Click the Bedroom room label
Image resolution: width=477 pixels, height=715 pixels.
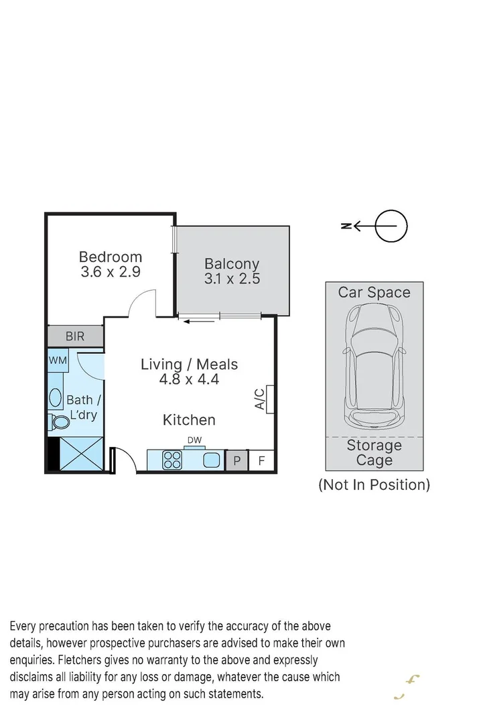click(x=111, y=257)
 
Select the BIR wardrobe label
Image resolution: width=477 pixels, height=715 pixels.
click(x=75, y=336)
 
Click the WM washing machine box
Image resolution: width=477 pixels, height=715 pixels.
click(x=58, y=361)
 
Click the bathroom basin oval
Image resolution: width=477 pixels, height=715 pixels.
click(x=56, y=398)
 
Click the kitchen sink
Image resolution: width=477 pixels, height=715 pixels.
click(x=212, y=460)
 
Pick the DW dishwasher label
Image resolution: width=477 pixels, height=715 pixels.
click(x=194, y=440)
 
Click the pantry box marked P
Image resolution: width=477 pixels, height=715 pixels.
click(x=236, y=461)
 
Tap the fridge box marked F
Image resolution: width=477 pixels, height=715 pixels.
click(x=262, y=461)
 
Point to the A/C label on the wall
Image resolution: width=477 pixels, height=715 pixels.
click(x=260, y=399)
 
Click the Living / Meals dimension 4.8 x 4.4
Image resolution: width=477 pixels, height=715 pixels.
click(x=190, y=379)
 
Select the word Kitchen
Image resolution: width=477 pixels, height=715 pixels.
click(x=190, y=420)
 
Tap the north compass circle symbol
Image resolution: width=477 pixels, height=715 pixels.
click(x=391, y=226)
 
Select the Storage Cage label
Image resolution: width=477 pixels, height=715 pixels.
click(x=374, y=453)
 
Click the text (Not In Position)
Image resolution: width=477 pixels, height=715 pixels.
click(x=374, y=484)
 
